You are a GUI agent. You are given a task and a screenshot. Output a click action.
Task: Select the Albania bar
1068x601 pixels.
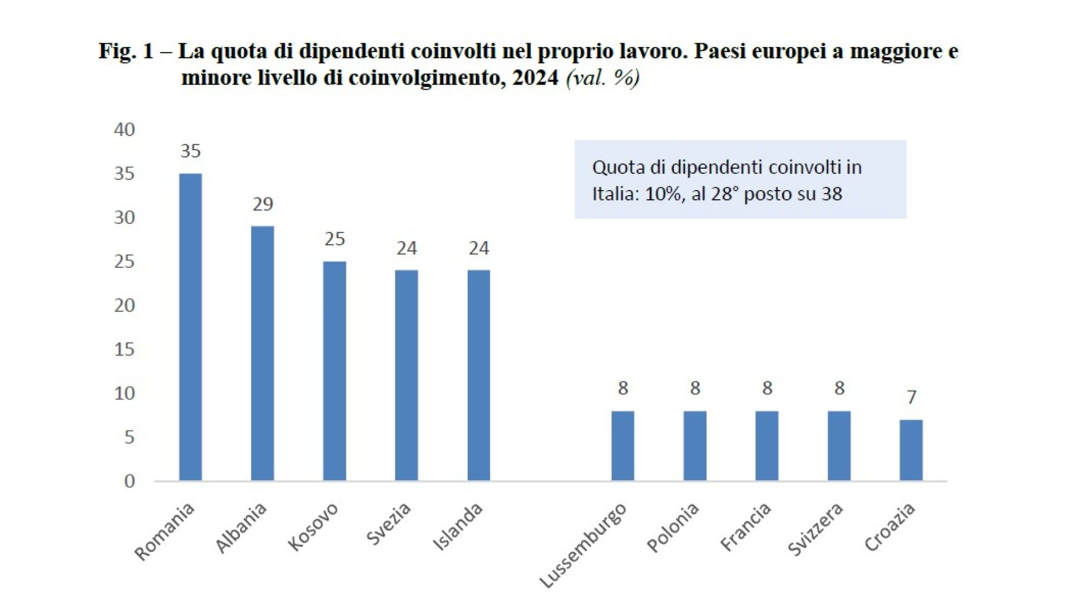pos(263,353)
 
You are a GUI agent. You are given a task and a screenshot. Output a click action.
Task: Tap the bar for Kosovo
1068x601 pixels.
pos(334,371)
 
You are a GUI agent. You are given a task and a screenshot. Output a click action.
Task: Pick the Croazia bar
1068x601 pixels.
pos(911,450)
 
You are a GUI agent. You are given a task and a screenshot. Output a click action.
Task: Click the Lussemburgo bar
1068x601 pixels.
pos(622,446)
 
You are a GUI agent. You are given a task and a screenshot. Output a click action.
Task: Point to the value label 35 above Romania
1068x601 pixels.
pos(190,151)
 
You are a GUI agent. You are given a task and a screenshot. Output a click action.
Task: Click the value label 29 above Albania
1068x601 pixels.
pos(263,204)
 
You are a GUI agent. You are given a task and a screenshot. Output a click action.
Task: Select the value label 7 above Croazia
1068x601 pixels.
pos(911,397)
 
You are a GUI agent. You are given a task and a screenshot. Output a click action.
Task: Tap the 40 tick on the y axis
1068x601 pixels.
pos(125,130)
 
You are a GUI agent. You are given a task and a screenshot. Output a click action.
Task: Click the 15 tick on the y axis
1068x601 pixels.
pos(125,349)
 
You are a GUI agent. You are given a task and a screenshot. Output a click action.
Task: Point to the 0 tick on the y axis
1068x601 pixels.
pos(130,481)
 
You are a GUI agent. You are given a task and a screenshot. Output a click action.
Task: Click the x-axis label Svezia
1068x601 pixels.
pos(389,524)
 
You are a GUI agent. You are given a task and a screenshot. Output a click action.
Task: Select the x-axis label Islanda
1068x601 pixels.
pos(458,527)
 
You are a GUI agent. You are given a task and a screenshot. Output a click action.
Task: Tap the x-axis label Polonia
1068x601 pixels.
pos(673,528)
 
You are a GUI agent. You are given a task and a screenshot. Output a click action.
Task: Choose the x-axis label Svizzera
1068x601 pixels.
pos(815,529)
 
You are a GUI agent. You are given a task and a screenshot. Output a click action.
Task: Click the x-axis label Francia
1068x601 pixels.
pos(745,526)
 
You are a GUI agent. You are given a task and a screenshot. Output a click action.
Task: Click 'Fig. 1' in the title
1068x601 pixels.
pos(126,51)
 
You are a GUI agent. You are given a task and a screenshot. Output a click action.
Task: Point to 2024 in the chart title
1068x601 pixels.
pos(535,78)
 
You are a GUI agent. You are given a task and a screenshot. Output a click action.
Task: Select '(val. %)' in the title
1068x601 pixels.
pos(603,78)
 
